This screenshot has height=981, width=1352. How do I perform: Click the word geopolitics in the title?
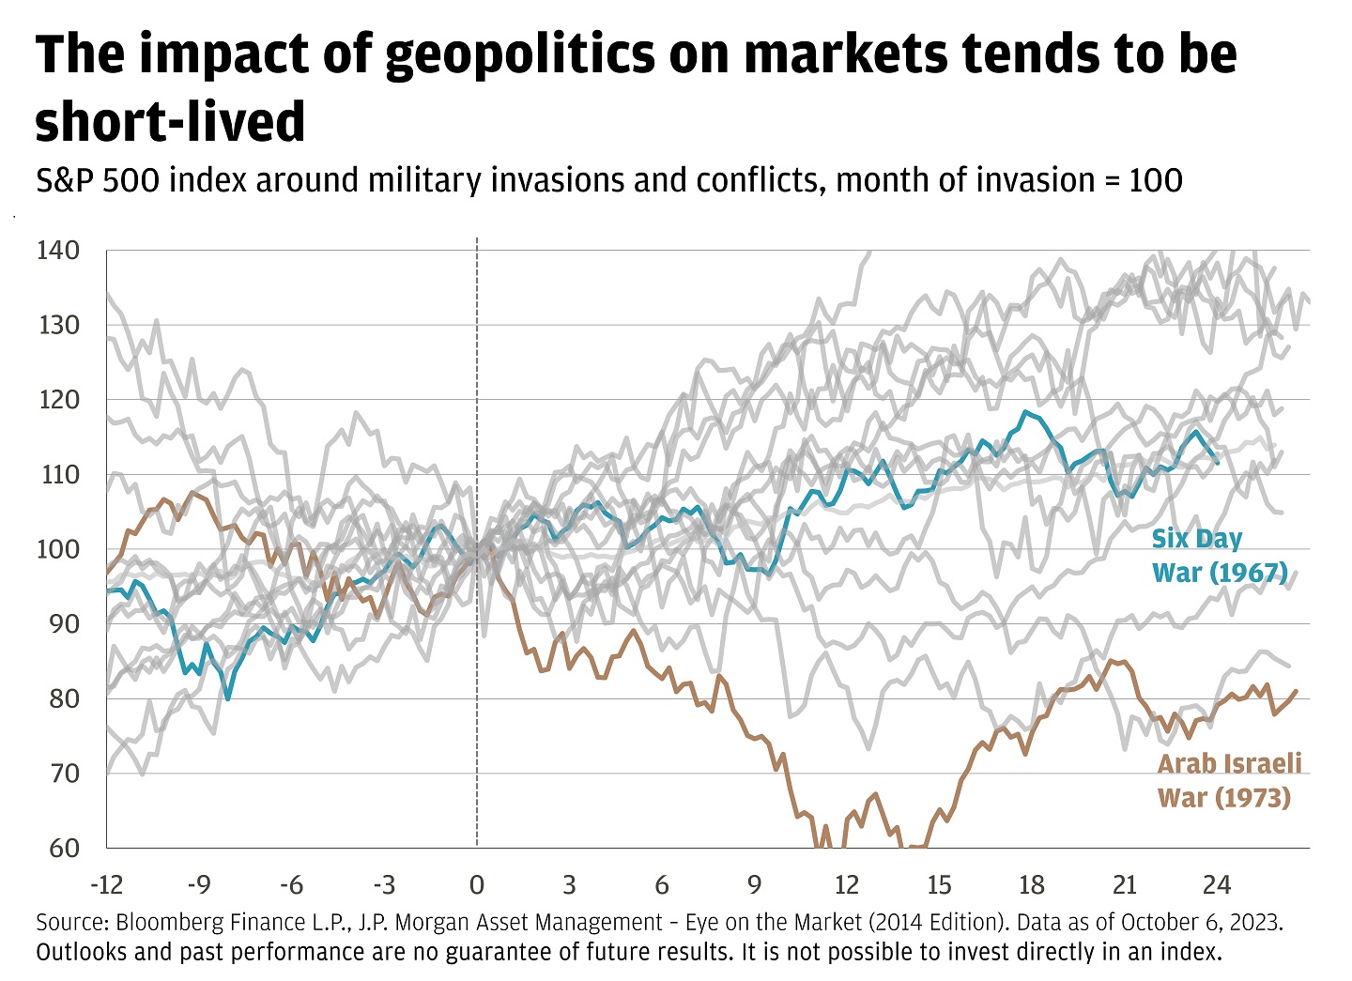[x=519, y=55]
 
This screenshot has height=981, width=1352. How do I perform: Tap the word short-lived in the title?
[x=170, y=122]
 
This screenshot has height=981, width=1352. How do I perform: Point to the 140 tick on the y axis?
[x=58, y=251]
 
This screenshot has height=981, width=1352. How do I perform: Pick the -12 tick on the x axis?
[x=106, y=884]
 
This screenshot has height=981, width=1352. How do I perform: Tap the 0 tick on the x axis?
[x=477, y=884]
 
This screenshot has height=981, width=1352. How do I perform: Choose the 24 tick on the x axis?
[x=1217, y=884]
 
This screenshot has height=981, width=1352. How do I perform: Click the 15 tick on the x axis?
[x=939, y=884]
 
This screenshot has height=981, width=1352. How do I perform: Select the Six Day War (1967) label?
[x=1219, y=556]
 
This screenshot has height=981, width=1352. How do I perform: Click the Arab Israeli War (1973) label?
[x=1229, y=780]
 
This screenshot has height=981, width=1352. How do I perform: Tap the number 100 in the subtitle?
[x=1155, y=180]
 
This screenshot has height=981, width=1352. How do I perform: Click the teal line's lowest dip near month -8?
[x=228, y=698]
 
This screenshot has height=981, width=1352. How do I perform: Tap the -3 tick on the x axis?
[x=384, y=884]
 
